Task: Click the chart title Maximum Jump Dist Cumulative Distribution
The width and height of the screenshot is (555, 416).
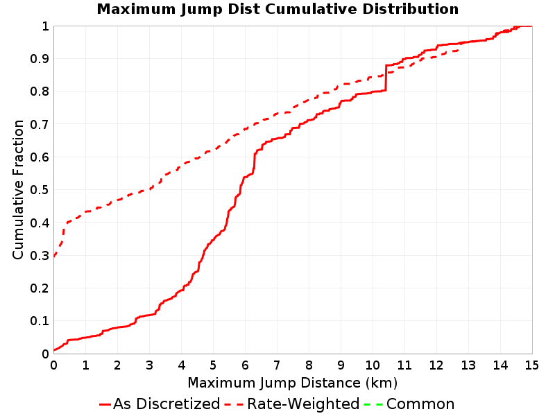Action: click(x=277, y=9)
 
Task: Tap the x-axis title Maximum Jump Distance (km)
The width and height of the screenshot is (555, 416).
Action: click(x=292, y=383)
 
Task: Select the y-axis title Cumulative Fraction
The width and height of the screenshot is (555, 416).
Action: click(x=18, y=189)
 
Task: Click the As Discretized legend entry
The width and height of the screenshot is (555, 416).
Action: click(x=160, y=404)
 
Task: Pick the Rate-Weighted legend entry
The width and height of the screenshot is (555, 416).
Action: click(x=292, y=404)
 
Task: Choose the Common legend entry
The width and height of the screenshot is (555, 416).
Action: click(x=409, y=404)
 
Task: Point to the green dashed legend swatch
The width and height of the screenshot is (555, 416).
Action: click(x=373, y=404)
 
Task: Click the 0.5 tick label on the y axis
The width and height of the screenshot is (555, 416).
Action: click(x=40, y=190)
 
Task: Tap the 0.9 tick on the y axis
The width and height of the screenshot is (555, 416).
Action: click(x=40, y=59)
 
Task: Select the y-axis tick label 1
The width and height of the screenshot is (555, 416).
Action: click(x=45, y=26)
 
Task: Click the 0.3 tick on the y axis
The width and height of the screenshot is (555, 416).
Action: click(x=40, y=255)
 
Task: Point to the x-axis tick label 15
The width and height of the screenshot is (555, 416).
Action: click(x=531, y=365)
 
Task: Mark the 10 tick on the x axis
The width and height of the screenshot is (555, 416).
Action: click(x=373, y=365)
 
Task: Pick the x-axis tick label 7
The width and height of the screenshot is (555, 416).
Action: click(x=277, y=365)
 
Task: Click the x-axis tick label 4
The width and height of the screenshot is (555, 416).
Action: click(x=181, y=365)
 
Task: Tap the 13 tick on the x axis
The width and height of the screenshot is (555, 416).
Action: click(x=468, y=365)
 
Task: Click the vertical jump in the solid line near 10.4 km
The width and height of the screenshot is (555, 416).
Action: click(x=386, y=78)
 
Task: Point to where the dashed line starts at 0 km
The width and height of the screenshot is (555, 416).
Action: click(x=54, y=256)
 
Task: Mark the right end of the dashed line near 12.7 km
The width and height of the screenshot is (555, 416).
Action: click(x=459, y=50)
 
